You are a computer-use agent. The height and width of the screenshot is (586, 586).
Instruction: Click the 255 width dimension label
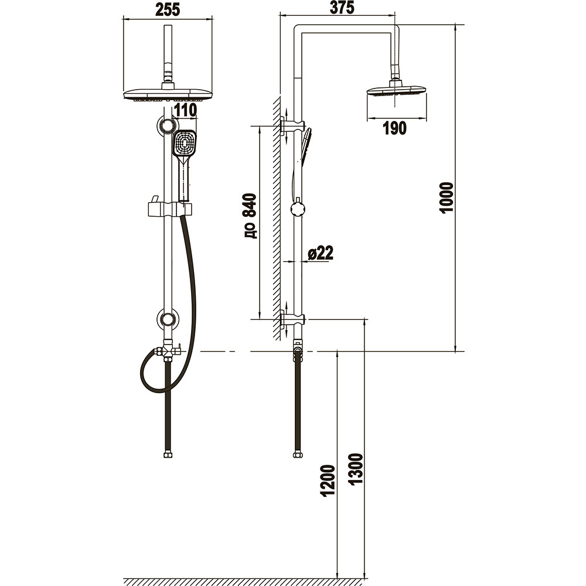pos(168,9)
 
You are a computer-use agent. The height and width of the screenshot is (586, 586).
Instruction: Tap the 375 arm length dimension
pos(342,8)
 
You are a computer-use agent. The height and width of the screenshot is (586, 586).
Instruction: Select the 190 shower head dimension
pos(394,128)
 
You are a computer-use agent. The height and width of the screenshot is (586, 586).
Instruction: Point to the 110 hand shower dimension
pos(185,110)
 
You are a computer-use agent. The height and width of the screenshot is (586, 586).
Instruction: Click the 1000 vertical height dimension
pos(447,197)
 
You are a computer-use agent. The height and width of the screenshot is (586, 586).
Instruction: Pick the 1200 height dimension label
pos(328,481)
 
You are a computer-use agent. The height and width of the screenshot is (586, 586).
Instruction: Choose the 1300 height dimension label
pos(356,469)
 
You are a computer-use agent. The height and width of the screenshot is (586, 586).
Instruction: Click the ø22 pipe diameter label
pos(321,253)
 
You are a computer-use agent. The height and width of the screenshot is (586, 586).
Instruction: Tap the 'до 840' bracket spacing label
pos(250,216)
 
